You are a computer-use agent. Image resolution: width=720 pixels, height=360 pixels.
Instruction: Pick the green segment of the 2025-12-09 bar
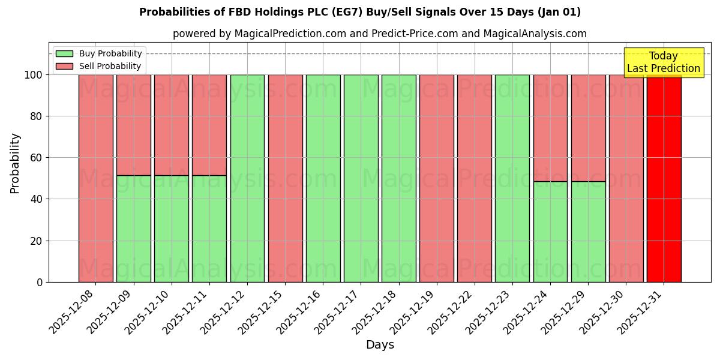(134, 229)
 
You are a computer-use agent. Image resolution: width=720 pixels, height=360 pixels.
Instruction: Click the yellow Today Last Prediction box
(664, 62)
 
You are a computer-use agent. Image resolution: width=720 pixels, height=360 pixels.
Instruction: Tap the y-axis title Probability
(15, 163)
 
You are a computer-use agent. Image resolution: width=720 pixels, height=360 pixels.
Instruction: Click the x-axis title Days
(380, 345)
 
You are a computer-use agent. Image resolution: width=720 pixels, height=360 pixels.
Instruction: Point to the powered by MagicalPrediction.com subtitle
(380, 34)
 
